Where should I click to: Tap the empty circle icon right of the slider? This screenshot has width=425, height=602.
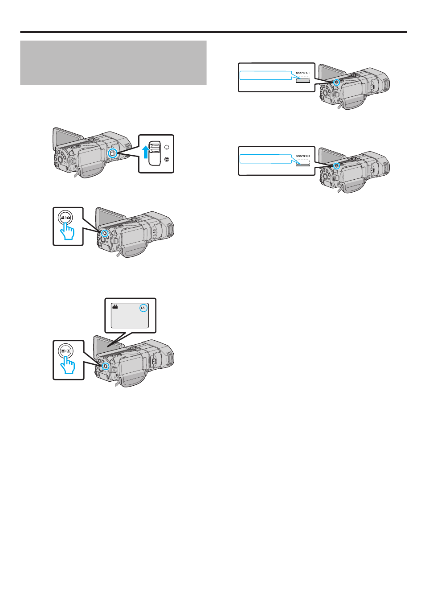(167, 147)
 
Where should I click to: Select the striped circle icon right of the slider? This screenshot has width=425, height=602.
(167, 160)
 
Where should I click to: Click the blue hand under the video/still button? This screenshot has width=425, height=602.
(67, 231)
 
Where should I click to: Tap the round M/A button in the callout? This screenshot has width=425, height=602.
(65, 351)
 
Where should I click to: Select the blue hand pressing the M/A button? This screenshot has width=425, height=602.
(68, 365)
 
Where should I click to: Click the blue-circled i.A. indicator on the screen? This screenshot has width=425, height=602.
(143, 308)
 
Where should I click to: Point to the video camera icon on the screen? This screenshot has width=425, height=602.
(115, 307)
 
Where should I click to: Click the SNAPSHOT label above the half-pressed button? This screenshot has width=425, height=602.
(303, 73)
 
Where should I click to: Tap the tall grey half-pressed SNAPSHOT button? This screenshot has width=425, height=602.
(302, 80)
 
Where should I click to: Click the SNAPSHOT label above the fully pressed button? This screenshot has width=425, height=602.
(303, 156)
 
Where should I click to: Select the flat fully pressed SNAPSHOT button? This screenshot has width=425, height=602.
(302, 165)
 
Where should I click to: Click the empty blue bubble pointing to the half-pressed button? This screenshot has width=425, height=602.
(266, 75)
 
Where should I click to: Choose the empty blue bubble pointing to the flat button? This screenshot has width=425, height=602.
(266, 159)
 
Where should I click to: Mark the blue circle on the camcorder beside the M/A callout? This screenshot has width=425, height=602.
(105, 366)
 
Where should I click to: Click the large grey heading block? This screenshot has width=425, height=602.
(113, 62)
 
